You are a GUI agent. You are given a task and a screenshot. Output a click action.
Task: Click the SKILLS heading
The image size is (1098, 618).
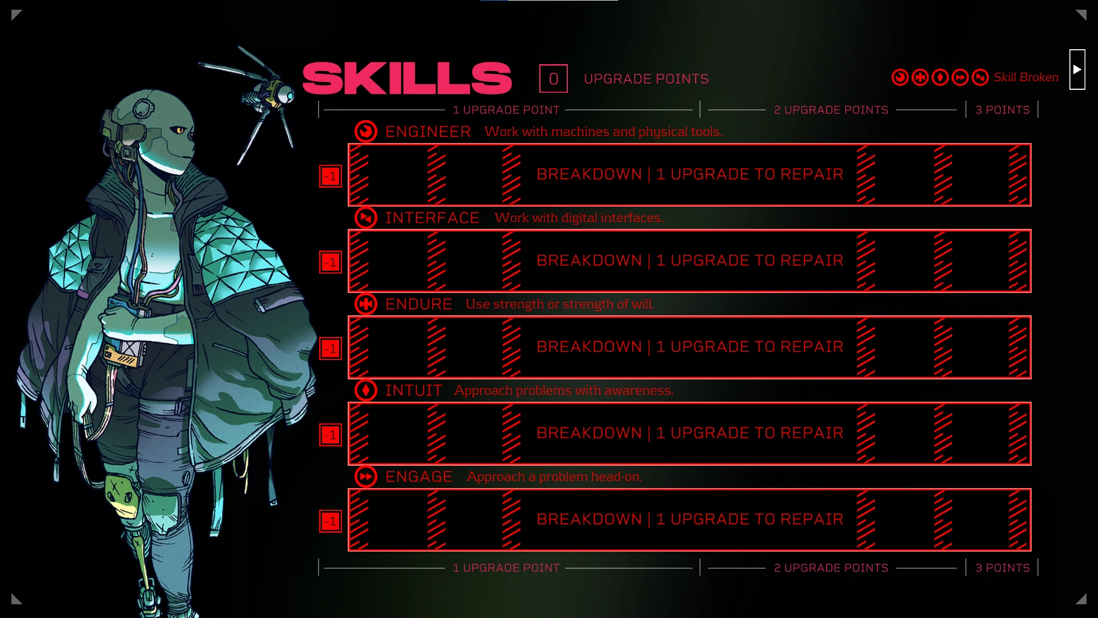tap(407, 78)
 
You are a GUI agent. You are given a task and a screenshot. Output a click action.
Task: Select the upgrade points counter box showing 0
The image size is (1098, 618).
tap(553, 78)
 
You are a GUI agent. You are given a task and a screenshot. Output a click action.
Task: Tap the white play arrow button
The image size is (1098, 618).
tap(1077, 69)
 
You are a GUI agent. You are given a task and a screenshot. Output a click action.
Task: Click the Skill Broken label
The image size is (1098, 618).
tap(1026, 77)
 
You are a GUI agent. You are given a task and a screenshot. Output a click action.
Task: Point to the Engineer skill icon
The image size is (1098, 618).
tap(365, 132)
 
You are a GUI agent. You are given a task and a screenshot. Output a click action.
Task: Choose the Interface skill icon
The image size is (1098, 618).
tap(365, 218)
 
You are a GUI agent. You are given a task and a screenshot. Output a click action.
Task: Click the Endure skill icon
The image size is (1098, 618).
tap(365, 304)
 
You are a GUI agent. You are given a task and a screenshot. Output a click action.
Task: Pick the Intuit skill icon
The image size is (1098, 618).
tap(365, 390)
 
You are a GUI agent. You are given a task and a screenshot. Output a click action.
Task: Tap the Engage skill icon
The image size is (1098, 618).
tap(365, 477)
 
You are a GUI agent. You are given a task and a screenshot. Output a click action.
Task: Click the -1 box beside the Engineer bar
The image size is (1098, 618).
tap(331, 176)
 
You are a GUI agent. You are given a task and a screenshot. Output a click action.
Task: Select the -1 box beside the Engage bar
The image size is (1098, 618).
tap(331, 521)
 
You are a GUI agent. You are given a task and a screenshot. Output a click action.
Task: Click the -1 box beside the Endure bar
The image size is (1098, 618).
tap(331, 348)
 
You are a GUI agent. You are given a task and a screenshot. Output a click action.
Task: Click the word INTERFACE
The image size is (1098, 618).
tap(432, 218)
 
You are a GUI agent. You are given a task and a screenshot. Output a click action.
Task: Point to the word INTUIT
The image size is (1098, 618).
tap(413, 390)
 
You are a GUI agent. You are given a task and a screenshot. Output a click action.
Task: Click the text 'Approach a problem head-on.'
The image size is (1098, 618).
tap(554, 477)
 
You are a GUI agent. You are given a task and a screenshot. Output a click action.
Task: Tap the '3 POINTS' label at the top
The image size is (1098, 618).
tap(1002, 110)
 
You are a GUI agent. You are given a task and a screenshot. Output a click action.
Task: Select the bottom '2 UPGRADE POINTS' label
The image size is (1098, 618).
tap(831, 568)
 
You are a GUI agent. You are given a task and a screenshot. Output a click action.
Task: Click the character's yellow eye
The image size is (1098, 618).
tap(180, 130)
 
